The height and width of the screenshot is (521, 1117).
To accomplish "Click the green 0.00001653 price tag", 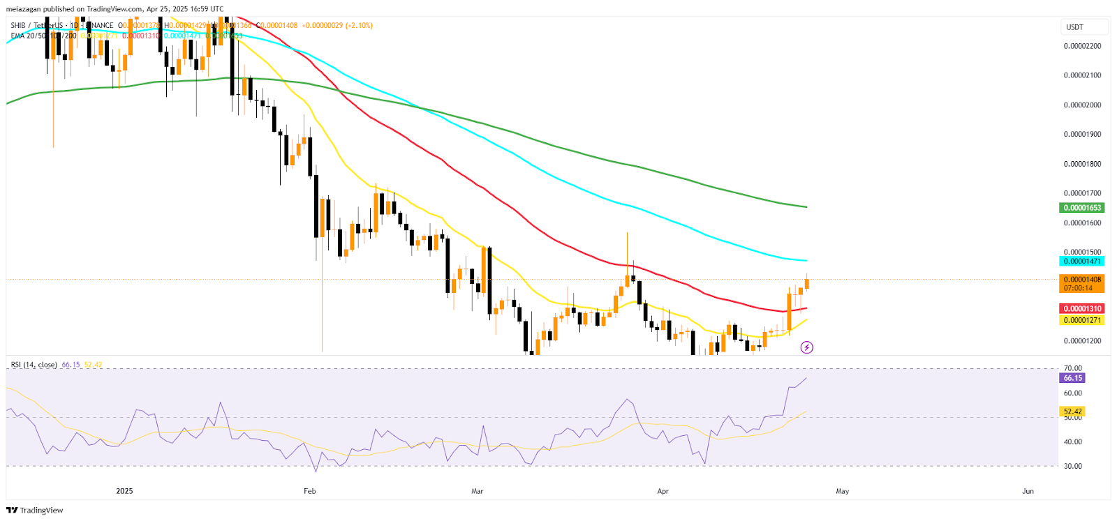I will (1081, 208).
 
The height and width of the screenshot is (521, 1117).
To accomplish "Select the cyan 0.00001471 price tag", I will (1081, 262).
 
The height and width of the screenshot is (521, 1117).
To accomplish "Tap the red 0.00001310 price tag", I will (1081, 309).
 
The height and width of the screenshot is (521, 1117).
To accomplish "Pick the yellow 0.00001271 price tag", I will (1081, 321).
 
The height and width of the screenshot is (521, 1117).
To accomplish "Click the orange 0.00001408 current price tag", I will (1081, 283).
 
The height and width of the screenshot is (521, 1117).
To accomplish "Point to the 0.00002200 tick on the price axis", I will (1082, 46).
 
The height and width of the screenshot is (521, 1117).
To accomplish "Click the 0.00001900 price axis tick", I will (1082, 135).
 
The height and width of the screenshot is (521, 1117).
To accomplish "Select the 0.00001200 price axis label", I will (1082, 341).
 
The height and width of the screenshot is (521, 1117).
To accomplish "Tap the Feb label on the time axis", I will (310, 491).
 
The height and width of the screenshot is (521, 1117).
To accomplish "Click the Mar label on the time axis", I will (478, 491).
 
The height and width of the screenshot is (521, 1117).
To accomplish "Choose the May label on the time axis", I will (843, 491).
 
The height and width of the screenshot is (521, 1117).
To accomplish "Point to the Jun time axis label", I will (1028, 491).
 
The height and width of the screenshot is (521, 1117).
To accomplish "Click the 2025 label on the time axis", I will (124, 491).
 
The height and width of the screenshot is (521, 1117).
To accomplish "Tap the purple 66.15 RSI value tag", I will (1072, 378).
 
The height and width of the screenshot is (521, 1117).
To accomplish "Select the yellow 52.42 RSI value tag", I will (1072, 411).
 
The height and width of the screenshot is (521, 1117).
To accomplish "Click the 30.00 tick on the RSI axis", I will (1072, 466).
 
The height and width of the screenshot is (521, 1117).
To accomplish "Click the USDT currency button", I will (1084, 27).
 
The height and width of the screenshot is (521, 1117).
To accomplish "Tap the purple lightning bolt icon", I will (806, 347).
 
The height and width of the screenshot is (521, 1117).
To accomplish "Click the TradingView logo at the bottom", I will (35, 511).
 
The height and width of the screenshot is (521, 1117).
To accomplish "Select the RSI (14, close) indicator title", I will (34, 365).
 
